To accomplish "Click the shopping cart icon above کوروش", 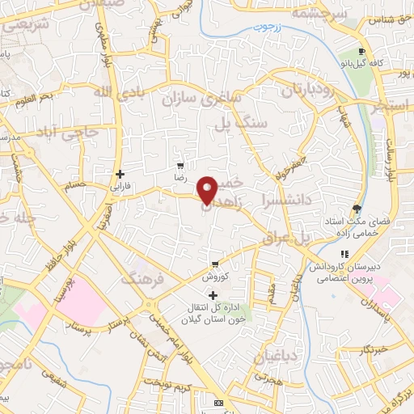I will [215, 264].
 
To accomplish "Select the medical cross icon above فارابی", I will [120, 173].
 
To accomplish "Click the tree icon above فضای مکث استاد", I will [356, 209].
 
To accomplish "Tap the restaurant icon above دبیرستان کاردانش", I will [345, 255].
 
